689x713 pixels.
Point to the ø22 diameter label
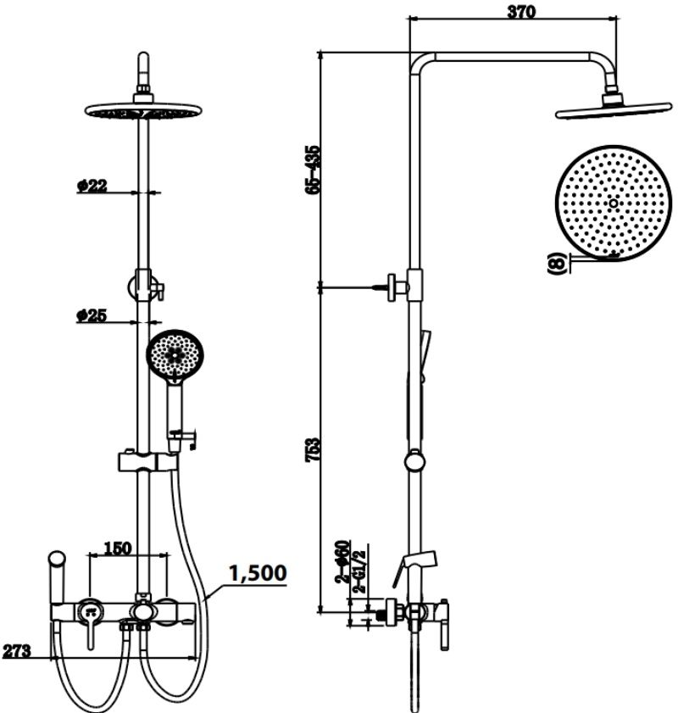point(92,186)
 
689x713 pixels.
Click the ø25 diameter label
point(91,315)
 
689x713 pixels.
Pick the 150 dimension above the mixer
point(117,548)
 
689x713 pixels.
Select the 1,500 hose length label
point(256,573)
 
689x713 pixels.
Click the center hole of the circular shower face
point(613,203)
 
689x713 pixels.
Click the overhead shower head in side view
point(613,109)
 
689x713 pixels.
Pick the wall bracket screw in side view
point(378,288)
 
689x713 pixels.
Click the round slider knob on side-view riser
point(414,462)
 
